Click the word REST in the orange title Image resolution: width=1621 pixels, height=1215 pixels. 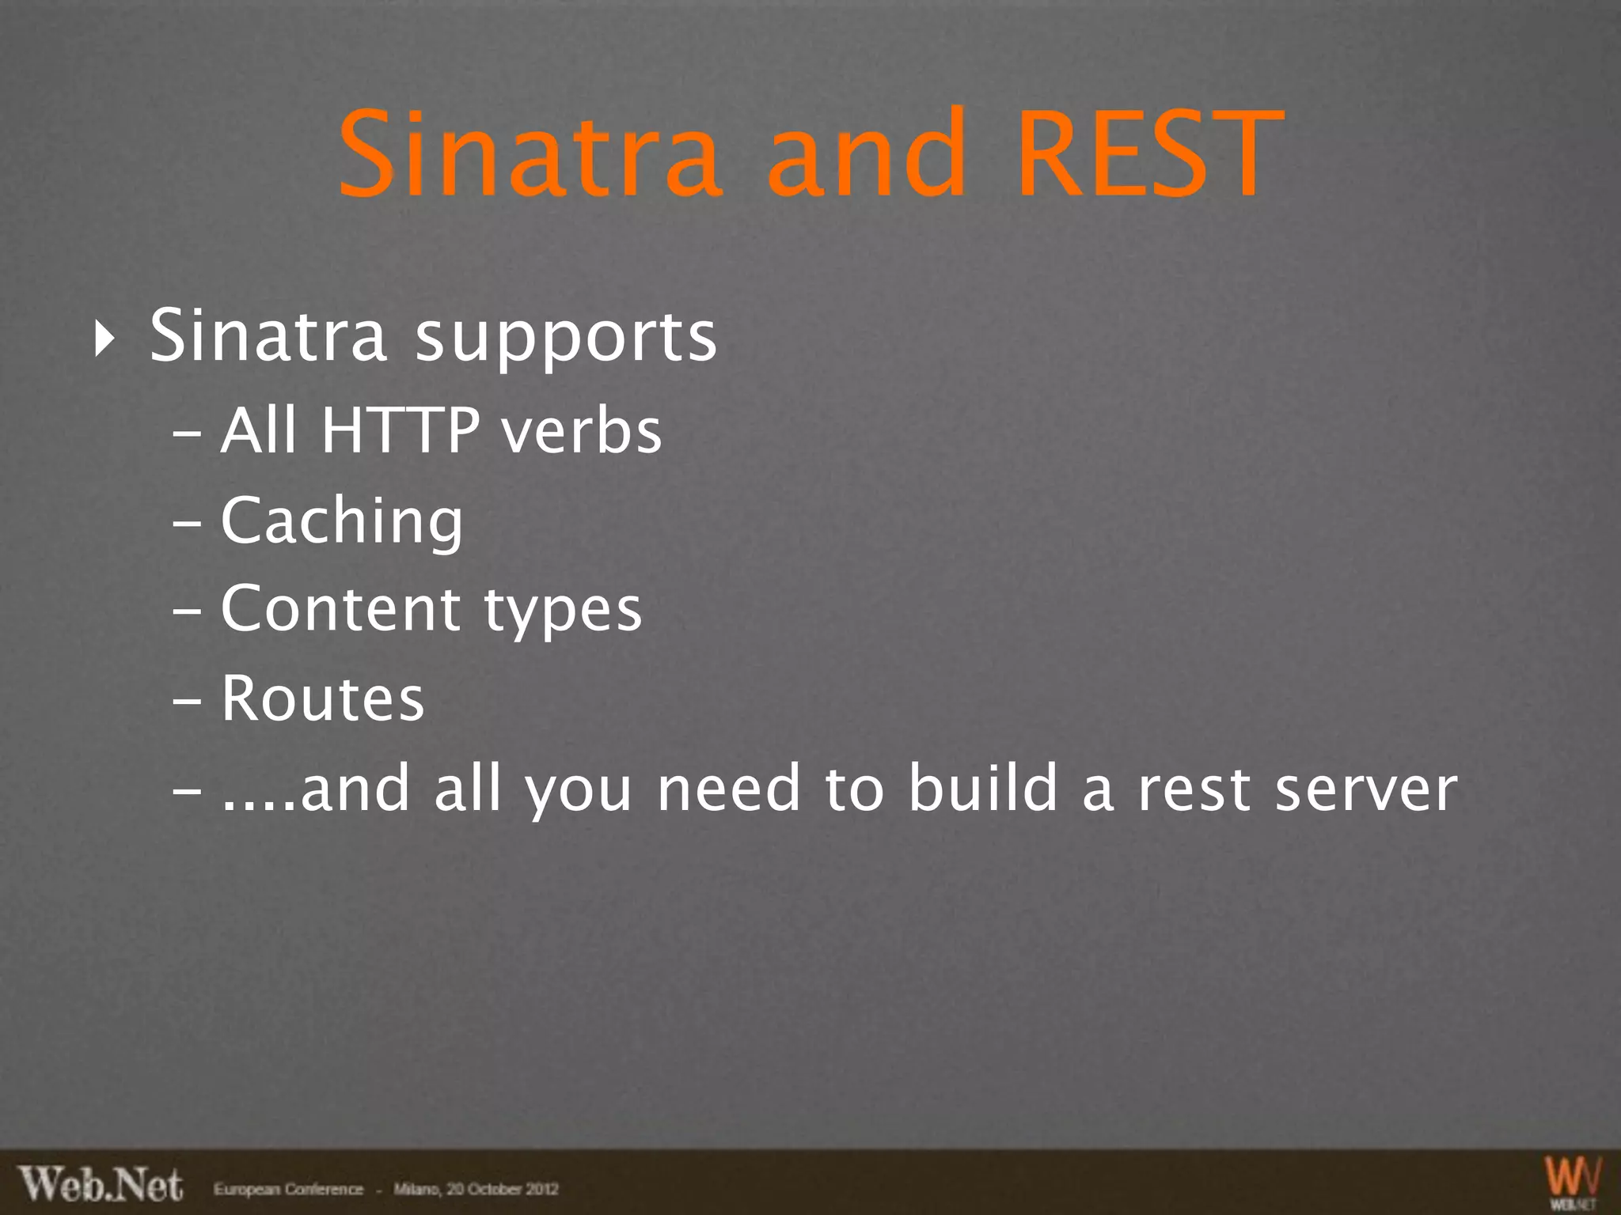coord(1149,153)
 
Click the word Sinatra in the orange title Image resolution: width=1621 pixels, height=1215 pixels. coord(529,153)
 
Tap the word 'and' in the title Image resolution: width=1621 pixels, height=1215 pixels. coord(867,153)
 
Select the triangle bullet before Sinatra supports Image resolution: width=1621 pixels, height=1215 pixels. coord(104,339)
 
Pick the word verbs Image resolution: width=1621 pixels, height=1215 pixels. coord(582,432)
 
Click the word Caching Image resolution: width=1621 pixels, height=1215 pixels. coord(342,522)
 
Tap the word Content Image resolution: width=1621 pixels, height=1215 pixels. coord(340,609)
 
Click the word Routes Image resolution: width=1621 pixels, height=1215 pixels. coord(323,699)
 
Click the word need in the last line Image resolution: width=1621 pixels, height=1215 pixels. coord(728,789)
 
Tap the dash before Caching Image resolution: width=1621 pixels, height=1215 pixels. coord(187,524)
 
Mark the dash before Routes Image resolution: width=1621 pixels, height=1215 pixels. coord(187,701)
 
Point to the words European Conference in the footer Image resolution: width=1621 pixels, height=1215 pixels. coord(288,1189)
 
